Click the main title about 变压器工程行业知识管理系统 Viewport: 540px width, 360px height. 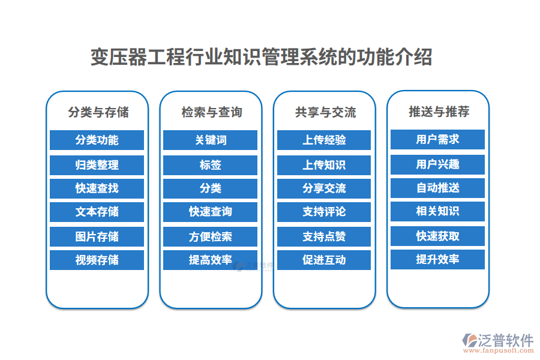coord(261,58)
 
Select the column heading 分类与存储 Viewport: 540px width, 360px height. coord(98,112)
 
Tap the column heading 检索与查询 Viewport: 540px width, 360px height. coord(211,112)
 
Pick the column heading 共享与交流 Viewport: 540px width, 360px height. coord(325,112)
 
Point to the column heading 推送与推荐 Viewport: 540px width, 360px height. coord(438,112)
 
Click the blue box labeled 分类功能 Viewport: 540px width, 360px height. coord(97,140)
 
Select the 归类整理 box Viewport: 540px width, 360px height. coord(97,165)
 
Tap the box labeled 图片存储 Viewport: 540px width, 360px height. coord(97,236)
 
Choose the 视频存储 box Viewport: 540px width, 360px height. coord(97,260)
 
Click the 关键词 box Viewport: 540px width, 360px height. coord(211,140)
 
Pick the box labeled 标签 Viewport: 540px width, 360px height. coord(211,165)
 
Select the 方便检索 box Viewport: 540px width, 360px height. coord(211,236)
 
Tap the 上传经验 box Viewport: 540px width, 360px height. coord(324,140)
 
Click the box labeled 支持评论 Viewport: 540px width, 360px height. coord(324,212)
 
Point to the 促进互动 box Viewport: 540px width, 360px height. coord(324,260)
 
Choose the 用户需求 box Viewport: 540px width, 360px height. coord(437,139)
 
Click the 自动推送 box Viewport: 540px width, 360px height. coord(437,188)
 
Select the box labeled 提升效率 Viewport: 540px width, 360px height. coord(437,259)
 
